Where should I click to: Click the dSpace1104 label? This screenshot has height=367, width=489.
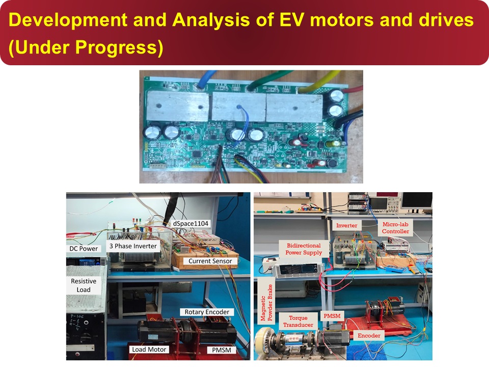tap(191, 223)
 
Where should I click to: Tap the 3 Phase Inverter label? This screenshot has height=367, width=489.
tap(133, 246)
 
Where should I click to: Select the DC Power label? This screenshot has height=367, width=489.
tap(84, 248)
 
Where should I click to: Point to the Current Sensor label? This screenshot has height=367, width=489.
tap(210, 261)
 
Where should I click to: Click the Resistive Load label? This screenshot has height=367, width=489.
tap(84, 285)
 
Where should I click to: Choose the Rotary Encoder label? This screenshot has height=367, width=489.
tap(207, 312)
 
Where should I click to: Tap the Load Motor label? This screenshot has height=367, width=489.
tap(149, 350)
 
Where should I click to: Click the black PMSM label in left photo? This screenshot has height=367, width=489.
tap(222, 350)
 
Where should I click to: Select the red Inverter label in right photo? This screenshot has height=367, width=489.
tap(346, 225)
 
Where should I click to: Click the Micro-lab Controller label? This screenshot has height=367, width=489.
tap(395, 228)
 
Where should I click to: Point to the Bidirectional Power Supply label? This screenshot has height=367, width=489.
tap(304, 249)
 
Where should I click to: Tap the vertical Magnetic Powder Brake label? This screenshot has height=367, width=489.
tap(266, 303)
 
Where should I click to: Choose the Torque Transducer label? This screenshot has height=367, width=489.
tap(298, 321)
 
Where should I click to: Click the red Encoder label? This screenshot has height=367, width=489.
tap(369, 335)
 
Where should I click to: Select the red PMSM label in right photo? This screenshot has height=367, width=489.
tap(332, 316)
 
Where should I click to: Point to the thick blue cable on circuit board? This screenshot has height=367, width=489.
tap(205, 79)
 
